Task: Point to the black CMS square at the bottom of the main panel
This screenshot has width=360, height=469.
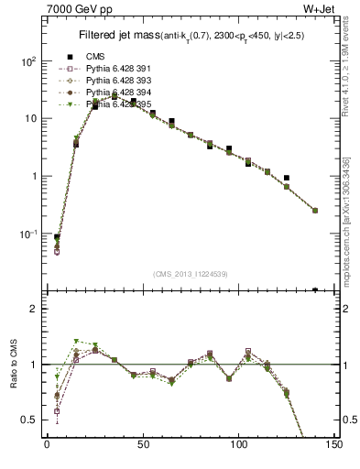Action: [315, 290]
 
